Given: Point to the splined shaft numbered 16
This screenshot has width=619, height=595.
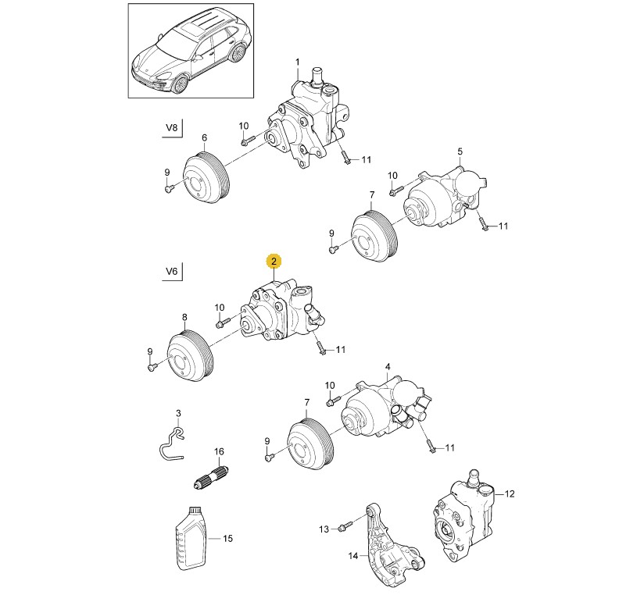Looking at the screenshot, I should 211,476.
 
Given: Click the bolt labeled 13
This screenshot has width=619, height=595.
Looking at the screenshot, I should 342,529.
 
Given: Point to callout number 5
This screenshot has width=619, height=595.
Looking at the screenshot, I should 460,151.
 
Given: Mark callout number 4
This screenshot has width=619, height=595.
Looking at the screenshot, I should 387,366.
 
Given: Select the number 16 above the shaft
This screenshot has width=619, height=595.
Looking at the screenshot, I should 219,451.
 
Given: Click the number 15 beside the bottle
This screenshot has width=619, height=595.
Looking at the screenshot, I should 228,538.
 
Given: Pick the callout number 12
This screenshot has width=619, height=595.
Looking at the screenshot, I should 510,493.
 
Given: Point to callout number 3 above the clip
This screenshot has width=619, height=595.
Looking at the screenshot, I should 177,412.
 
